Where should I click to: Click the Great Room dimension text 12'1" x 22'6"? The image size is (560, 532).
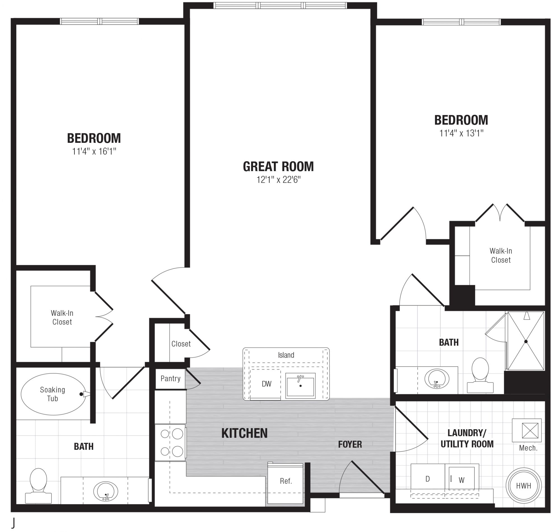pos(278,180)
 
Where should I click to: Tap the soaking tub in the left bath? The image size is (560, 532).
pos(53,394)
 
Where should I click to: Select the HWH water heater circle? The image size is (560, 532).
pos(523,486)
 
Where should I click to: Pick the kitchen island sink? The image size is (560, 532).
pos(300,386)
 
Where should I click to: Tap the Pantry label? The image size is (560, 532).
pos(171,379)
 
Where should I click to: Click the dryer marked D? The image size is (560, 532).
pos(428,479)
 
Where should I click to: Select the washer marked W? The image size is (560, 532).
pos(462,479)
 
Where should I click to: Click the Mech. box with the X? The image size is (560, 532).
pos(527,430)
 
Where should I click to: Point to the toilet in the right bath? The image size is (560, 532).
pos(480,375)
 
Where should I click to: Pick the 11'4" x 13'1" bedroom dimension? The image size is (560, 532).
pos(461,133)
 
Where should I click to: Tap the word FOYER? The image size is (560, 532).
pos(350,444)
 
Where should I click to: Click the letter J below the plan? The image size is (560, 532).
pos(13,522)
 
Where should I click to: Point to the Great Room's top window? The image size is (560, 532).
pos(280,5)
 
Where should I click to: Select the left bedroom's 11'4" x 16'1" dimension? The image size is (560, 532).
pos(94,151)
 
